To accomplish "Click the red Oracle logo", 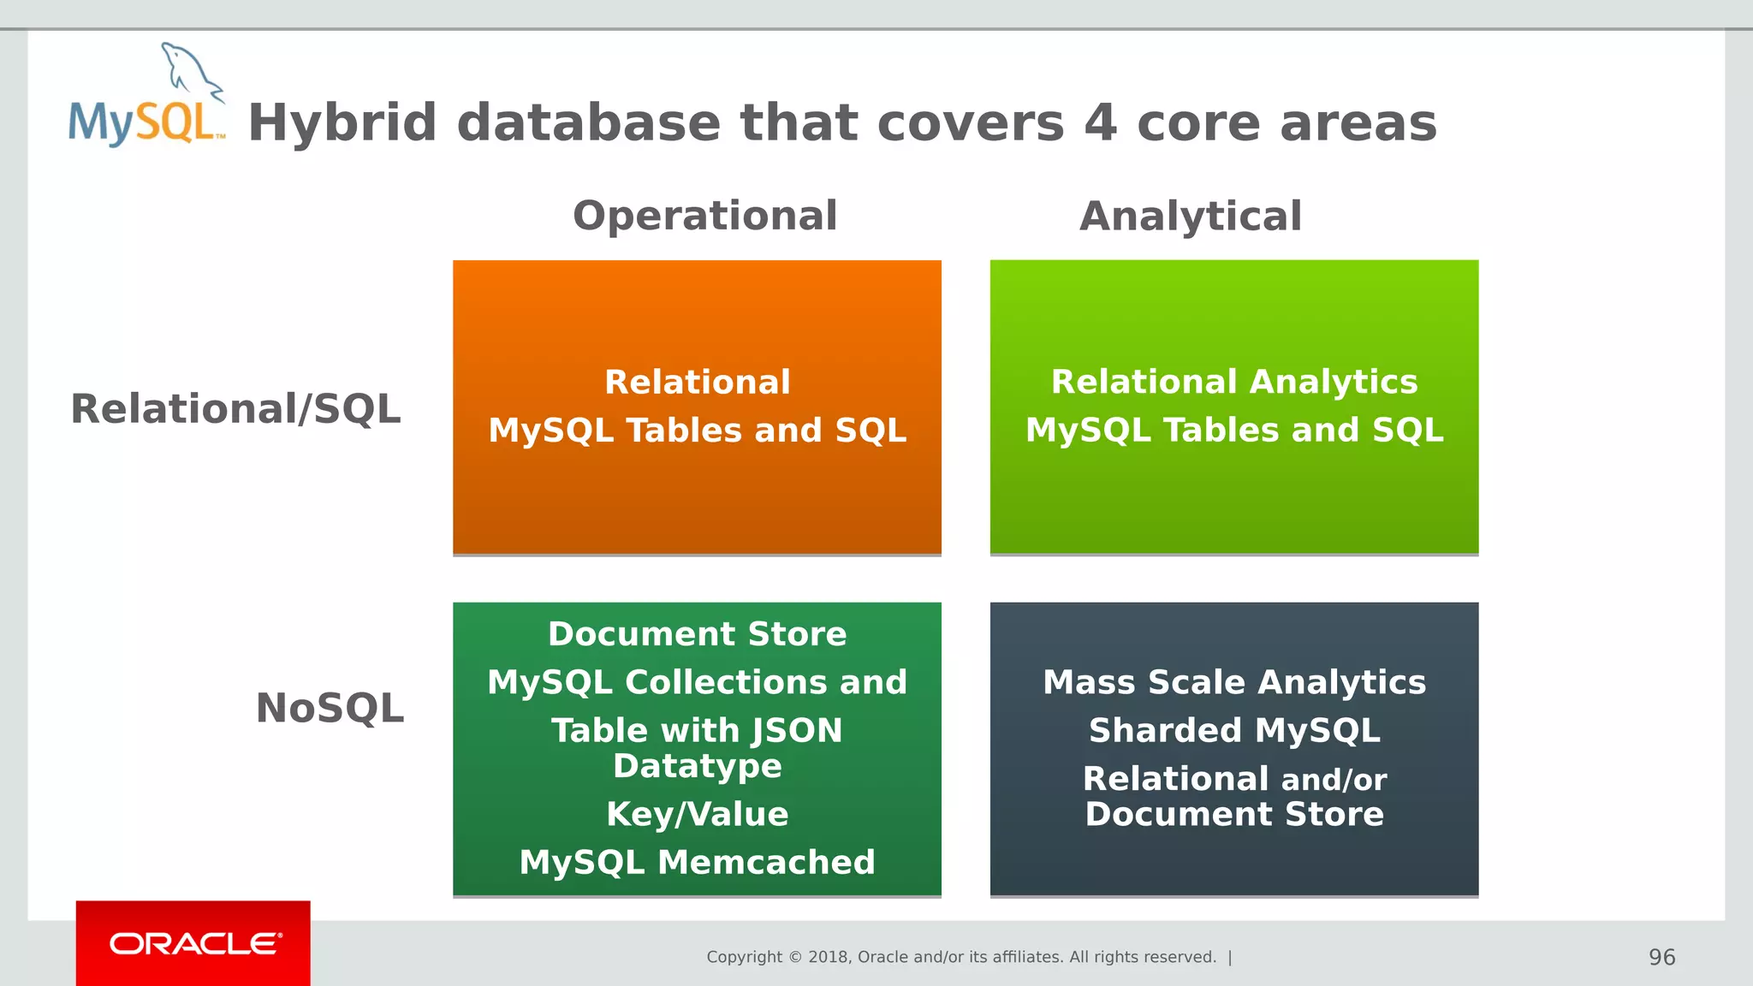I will tap(193, 943).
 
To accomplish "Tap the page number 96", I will tap(1661, 957).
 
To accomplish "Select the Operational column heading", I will tap(704, 216).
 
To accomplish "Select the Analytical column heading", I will tap(1191, 216).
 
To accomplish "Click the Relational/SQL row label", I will tap(235, 409).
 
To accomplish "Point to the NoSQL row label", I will tap(330, 709).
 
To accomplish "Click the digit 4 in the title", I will tap(1101, 123).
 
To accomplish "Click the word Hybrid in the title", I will tap(342, 123).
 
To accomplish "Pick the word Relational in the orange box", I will tap(697, 382).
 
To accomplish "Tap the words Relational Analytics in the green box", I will tap(1233, 382).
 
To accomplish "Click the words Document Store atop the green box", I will tap(697, 634).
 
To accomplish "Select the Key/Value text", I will tap(697, 814).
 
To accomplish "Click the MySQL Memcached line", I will tap(697, 862).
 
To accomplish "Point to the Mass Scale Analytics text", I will tap(1233, 682).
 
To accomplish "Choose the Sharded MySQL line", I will tap(1233, 730).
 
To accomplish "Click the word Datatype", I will tap(697, 766).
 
